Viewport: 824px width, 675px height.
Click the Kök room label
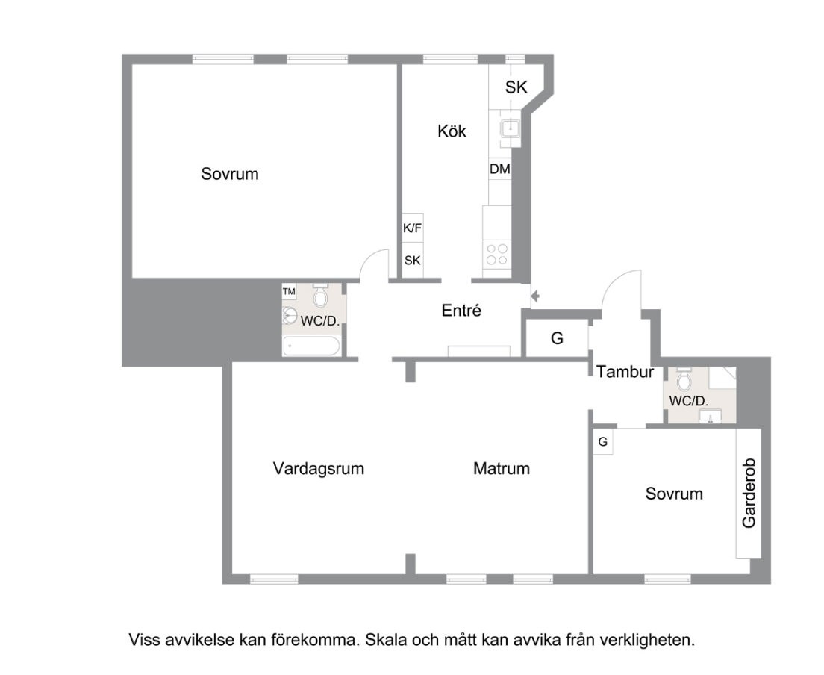click(x=452, y=131)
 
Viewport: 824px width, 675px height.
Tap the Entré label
click(x=461, y=311)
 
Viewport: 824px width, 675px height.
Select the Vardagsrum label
click(x=319, y=468)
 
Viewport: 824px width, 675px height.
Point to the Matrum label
click(x=502, y=468)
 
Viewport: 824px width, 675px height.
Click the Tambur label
click(x=625, y=372)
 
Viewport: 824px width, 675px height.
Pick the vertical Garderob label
click(x=749, y=493)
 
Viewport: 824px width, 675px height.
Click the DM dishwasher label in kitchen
click(x=500, y=169)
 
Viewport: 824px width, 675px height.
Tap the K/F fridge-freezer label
click(x=413, y=228)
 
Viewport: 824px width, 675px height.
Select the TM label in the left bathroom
click(x=289, y=291)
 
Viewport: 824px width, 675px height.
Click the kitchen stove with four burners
click(x=496, y=255)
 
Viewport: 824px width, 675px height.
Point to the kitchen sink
click(x=510, y=128)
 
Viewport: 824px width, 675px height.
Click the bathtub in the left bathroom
click(x=312, y=346)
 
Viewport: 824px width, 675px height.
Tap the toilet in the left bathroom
click(x=320, y=296)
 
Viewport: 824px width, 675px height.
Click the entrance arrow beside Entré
click(x=535, y=296)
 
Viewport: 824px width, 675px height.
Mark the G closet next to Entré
click(x=557, y=338)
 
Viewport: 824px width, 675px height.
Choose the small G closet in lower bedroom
click(x=603, y=442)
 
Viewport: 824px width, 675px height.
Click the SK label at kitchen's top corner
click(x=516, y=87)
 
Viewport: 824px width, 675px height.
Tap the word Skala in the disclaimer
click(x=386, y=641)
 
